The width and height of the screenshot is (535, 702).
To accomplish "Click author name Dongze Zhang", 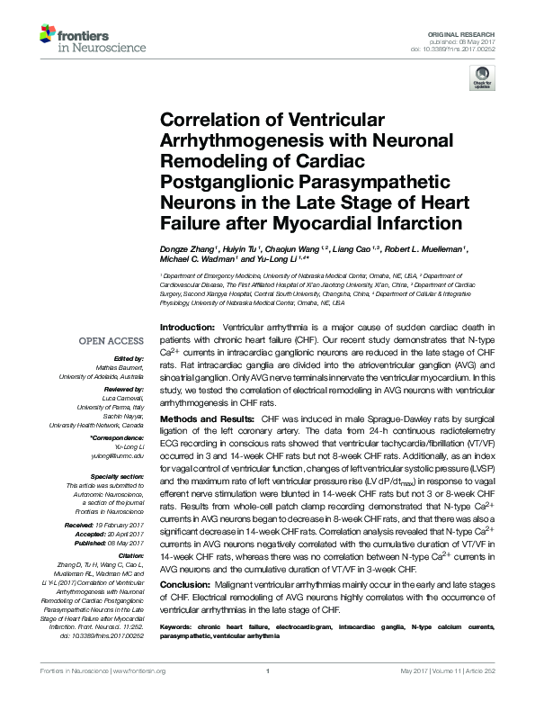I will (x=186, y=248).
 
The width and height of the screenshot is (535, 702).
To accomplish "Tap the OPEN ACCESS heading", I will (x=111, y=341).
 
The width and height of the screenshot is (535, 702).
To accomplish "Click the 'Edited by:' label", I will (x=129, y=357).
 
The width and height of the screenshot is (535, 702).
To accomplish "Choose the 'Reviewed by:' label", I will (x=123, y=391).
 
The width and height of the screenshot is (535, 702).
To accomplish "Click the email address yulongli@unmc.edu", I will (x=114, y=458).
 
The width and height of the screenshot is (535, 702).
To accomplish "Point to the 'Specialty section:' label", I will (x=116, y=475).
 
